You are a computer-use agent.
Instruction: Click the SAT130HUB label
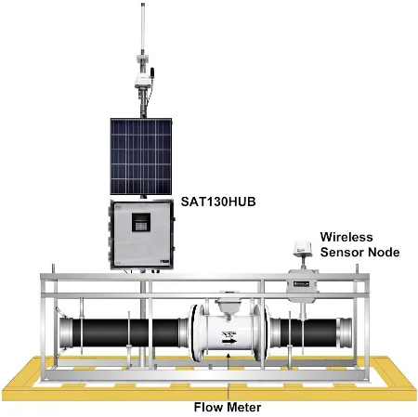click(x=218, y=202)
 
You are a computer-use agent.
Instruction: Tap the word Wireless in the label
click(x=346, y=237)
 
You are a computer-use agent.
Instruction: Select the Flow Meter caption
click(x=228, y=407)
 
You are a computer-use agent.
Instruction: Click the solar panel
click(x=141, y=156)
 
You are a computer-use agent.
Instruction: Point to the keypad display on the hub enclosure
click(x=141, y=222)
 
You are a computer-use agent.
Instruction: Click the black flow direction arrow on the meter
click(x=229, y=341)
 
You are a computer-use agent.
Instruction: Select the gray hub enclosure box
click(x=142, y=235)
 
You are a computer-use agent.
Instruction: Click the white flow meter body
click(x=229, y=333)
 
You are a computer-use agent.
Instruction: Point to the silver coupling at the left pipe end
click(x=66, y=333)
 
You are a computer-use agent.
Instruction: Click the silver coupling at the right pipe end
click(x=345, y=332)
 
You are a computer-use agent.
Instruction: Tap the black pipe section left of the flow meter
click(x=125, y=332)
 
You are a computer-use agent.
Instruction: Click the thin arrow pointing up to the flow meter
click(x=229, y=361)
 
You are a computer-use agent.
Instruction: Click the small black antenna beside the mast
click(x=152, y=72)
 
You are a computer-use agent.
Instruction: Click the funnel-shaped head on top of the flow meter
click(x=229, y=306)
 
